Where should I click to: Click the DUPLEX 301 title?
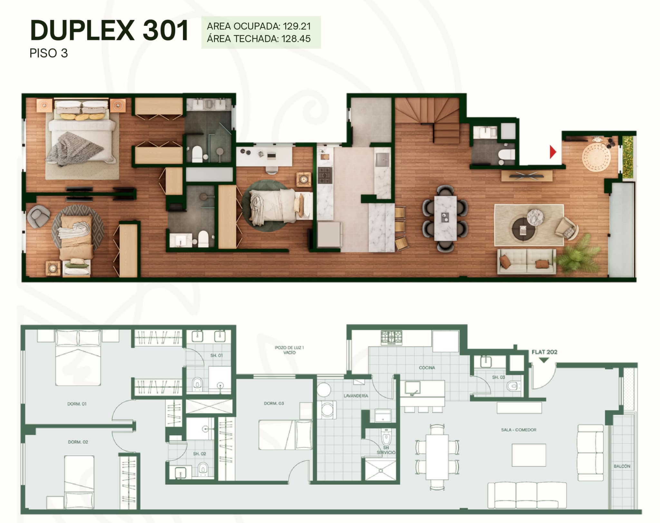tap(109, 30)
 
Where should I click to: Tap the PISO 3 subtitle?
tap(49, 53)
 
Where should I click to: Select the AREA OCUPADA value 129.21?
tap(297, 26)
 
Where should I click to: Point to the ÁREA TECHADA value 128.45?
tap(296, 39)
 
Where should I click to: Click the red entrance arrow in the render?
tap(553, 152)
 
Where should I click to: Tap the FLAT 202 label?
tap(544, 352)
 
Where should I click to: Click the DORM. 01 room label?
tap(77, 404)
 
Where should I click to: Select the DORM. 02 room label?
tap(78, 442)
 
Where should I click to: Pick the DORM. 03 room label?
tap(274, 403)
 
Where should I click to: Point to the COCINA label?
tap(427, 367)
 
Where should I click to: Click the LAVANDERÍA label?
tap(356, 396)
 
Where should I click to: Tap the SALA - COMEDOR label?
tap(519, 430)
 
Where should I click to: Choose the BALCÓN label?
tap(622, 466)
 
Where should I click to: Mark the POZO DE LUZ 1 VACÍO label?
tap(289, 350)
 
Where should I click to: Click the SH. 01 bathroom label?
tap(216, 355)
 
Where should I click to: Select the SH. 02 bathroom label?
tap(199, 454)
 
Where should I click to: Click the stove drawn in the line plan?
tap(391, 338)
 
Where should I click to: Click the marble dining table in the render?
tap(445, 218)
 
